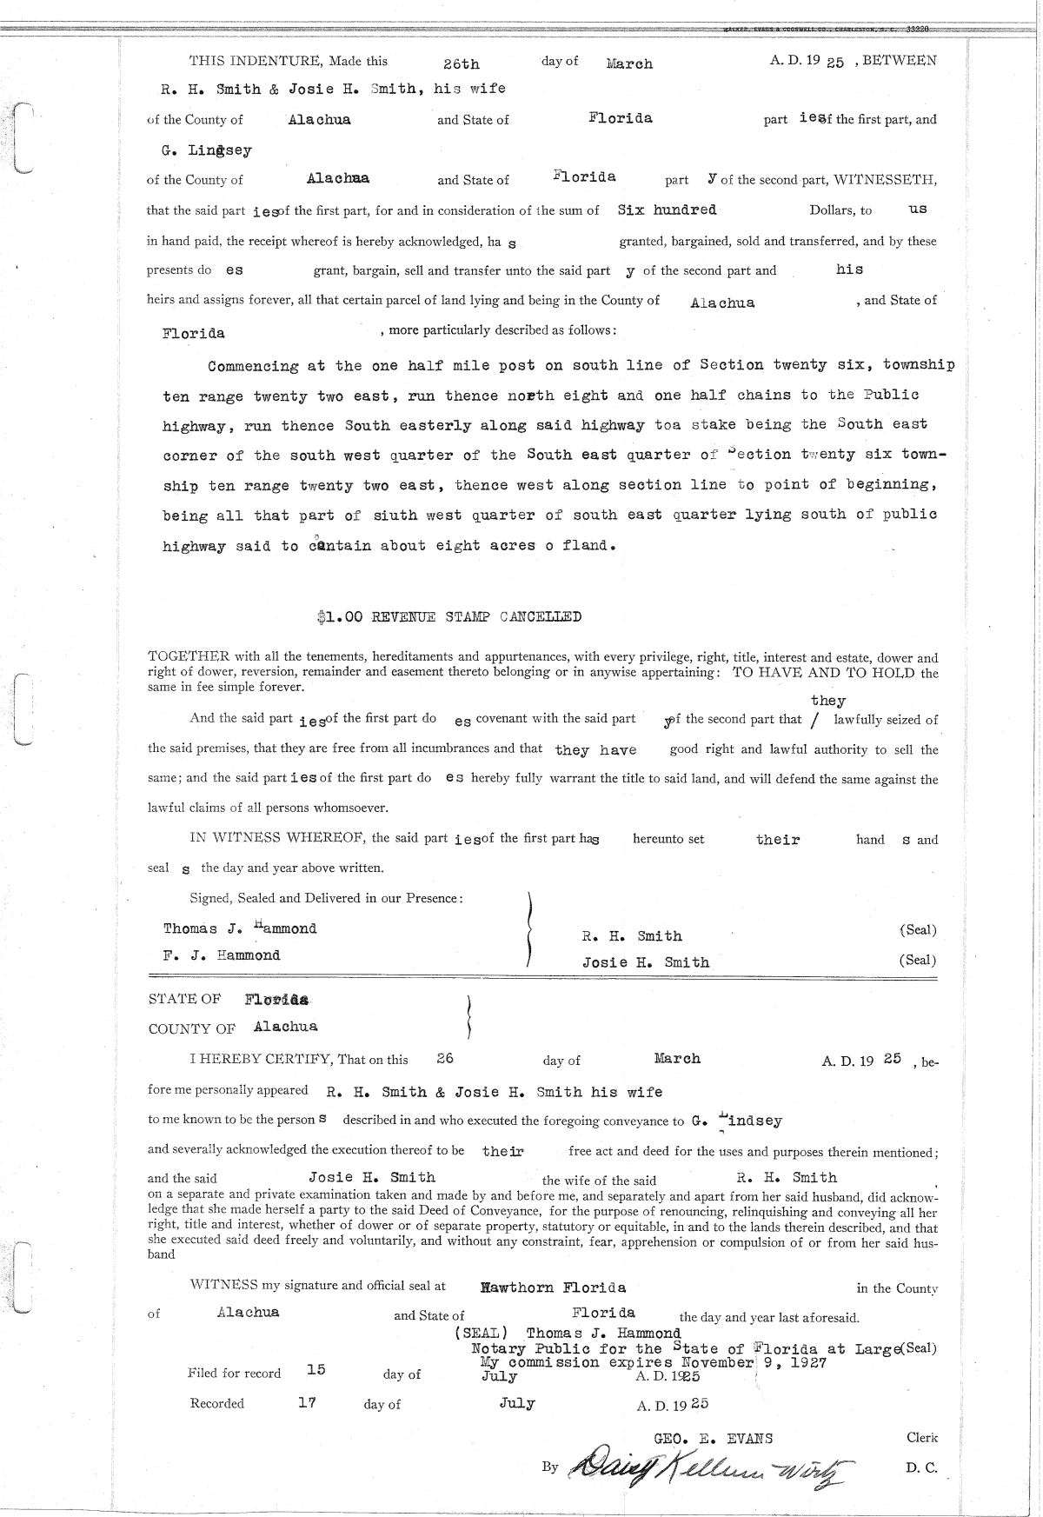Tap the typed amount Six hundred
pos(667,210)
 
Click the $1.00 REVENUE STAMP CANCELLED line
pos(449,617)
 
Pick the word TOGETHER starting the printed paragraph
pos(187,658)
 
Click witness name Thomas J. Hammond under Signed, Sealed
pos(240,928)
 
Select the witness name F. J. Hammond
pos(222,955)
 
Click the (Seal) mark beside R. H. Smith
pos(918,930)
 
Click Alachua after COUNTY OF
pos(285,1027)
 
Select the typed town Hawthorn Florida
pos(553,1287)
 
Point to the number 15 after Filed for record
pos(316,1369)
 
